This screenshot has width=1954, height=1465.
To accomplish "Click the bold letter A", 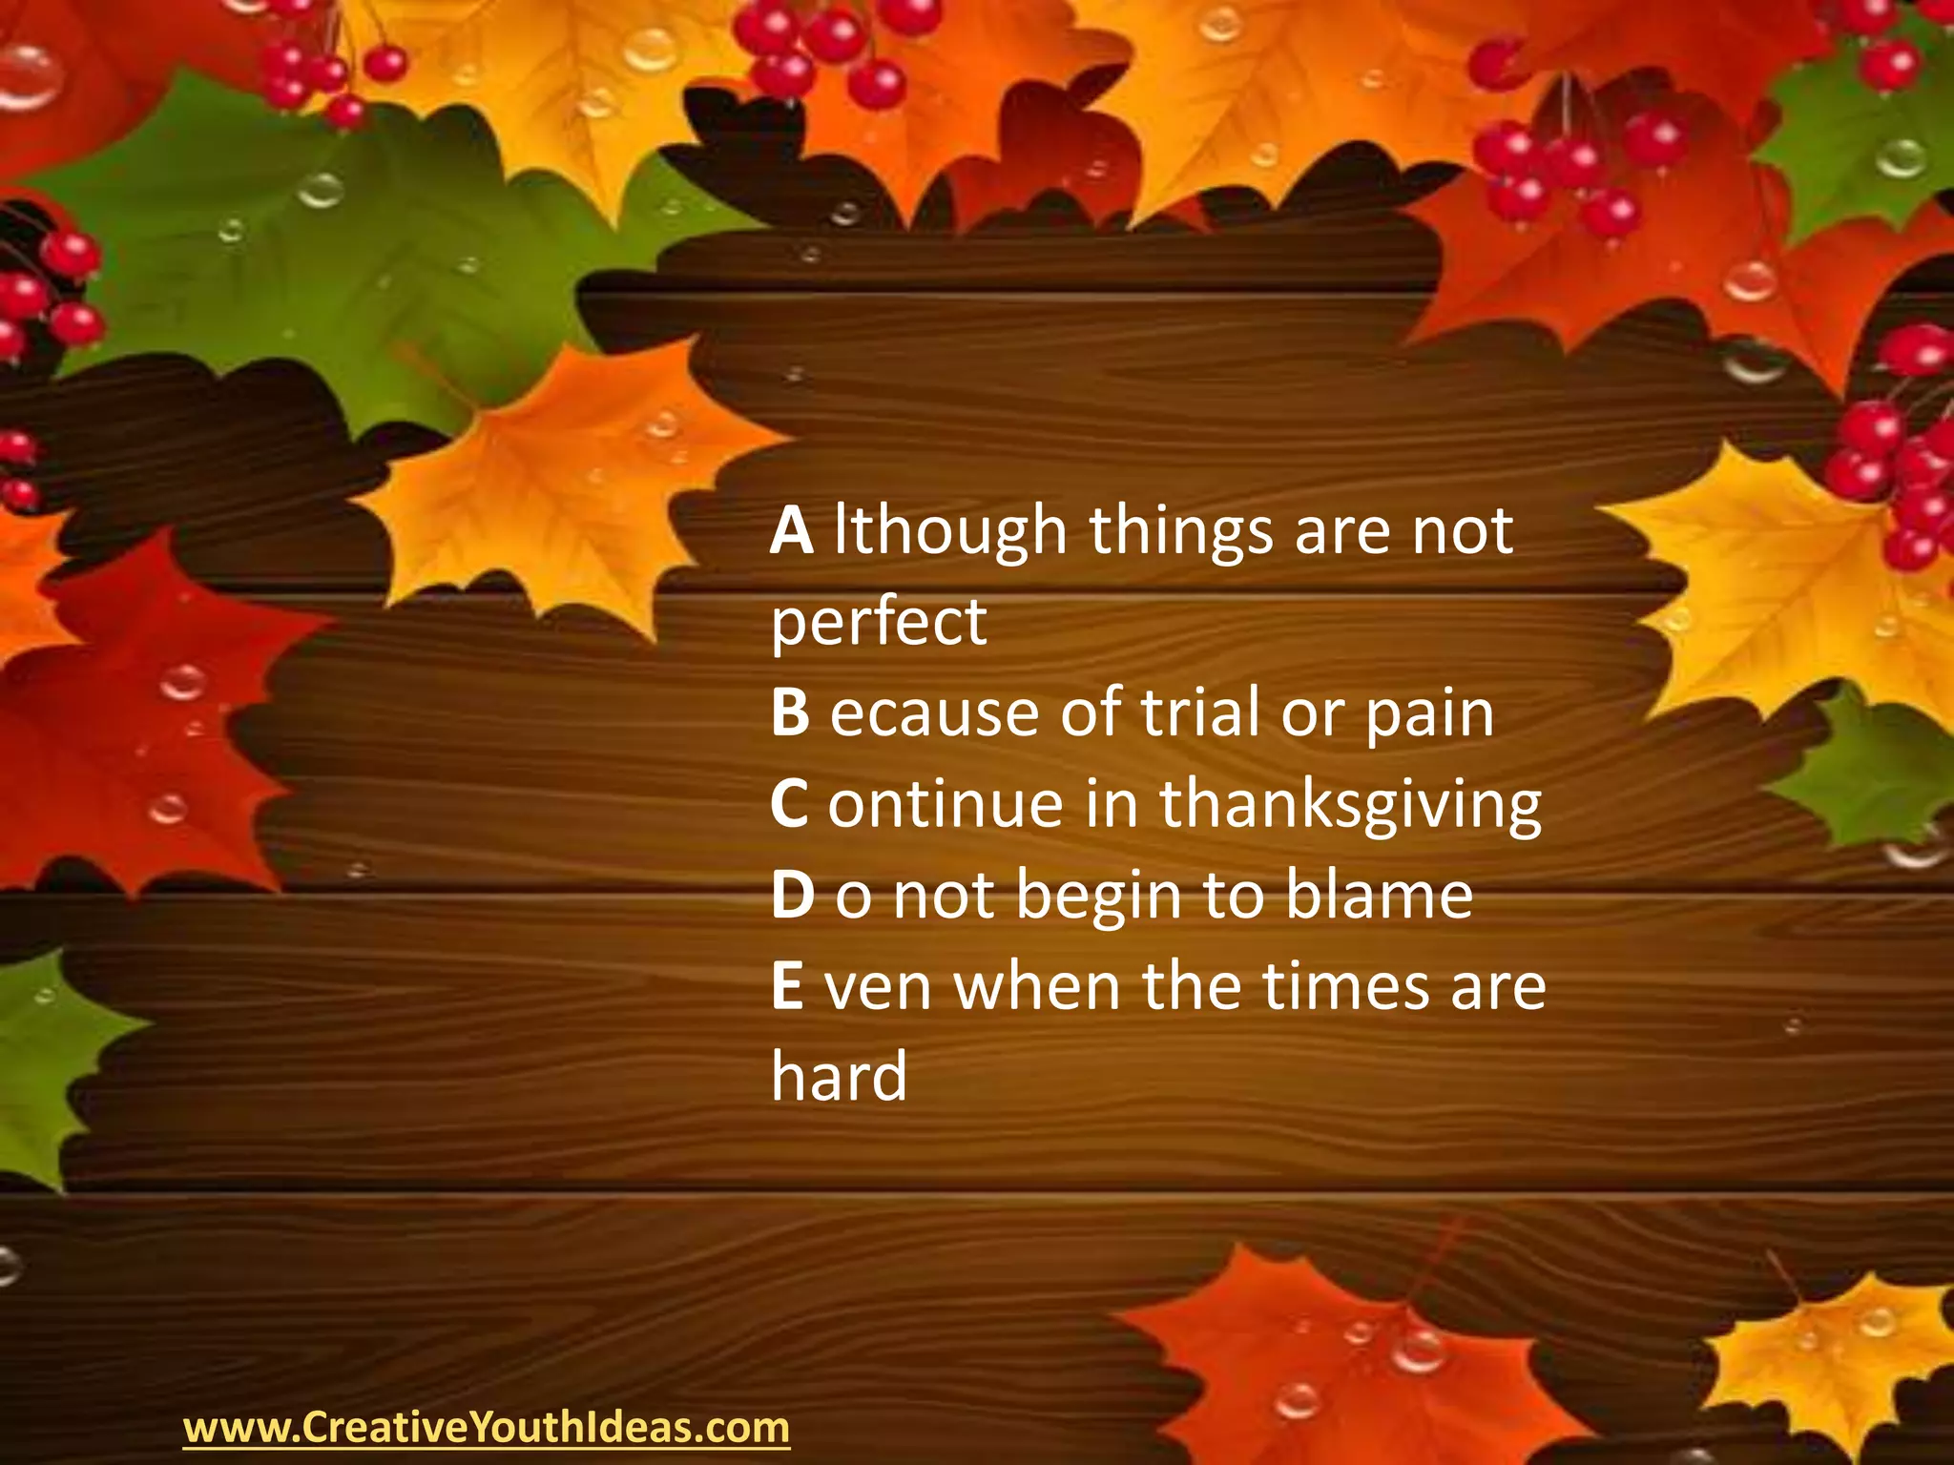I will point(792,530).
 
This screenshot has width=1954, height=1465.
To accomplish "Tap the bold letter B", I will point(790,712).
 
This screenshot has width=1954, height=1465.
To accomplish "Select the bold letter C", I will point(789,804).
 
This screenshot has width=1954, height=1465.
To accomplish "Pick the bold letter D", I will point(792,895).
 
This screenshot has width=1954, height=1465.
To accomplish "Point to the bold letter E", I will point(787,986).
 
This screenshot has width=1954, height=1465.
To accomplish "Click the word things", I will point(1181,532).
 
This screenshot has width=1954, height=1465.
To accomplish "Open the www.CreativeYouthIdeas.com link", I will point(487,1428).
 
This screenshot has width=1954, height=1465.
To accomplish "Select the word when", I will point(1037,986).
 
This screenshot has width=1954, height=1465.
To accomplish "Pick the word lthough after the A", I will point(950,532).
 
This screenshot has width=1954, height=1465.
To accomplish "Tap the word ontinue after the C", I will point(945,804).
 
